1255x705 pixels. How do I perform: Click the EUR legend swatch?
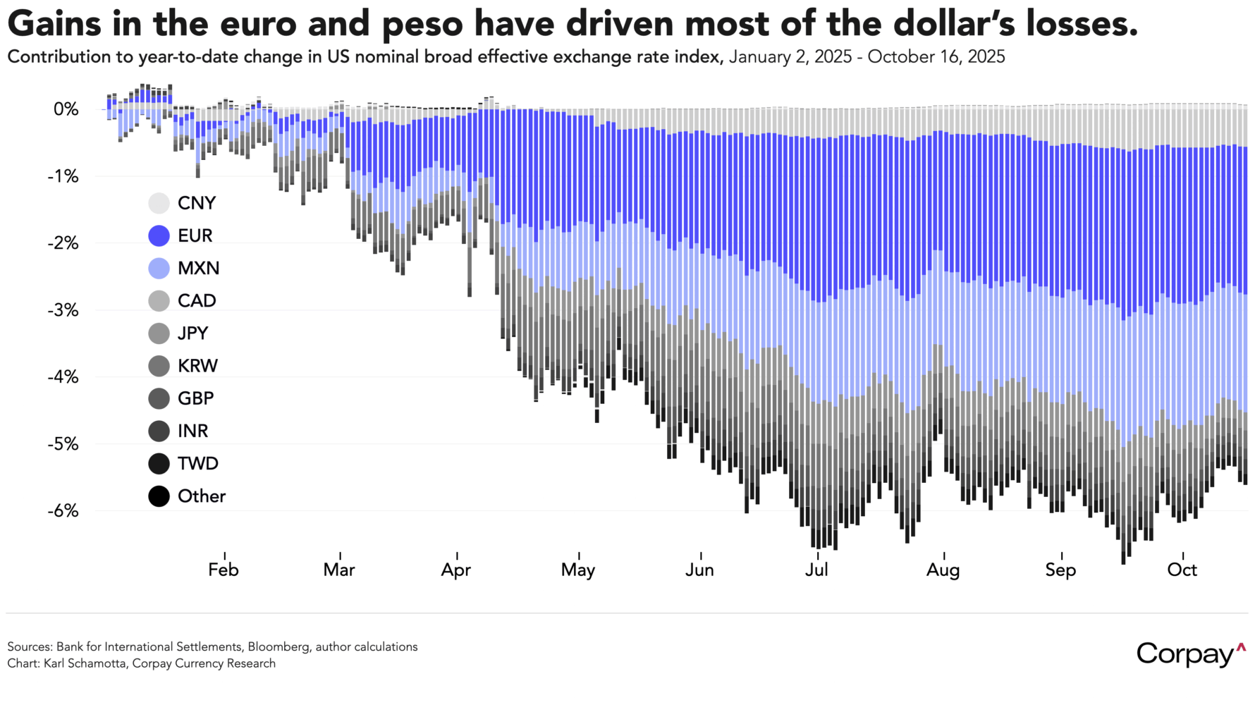coord(159,235)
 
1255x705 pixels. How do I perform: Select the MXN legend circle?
coord(159,268)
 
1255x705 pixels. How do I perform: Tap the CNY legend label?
coord(196,203)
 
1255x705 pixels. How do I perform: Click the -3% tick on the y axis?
coord(63,310)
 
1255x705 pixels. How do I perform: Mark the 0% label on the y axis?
coord(66,109)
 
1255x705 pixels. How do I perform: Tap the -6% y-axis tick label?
coord(63,510)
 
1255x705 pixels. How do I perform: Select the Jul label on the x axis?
coord(816,570)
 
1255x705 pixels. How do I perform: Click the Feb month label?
coord(224,570)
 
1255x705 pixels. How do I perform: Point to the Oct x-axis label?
coord(1182,570)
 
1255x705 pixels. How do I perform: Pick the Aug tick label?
coord(943,570)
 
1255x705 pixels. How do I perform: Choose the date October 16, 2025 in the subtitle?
coord(936,57)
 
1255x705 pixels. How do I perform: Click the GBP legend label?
coord(195,398)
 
